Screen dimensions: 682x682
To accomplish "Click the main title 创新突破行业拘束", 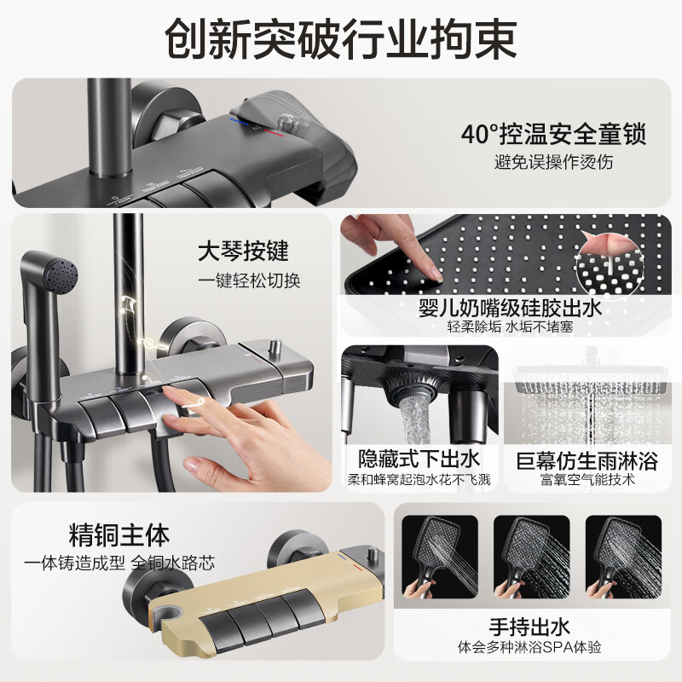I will pos(341,39).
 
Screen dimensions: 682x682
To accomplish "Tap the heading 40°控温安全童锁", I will pos(553,135).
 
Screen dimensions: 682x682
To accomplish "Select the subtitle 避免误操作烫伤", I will pos(553,161).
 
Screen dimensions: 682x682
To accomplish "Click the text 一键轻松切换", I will pos(249,280).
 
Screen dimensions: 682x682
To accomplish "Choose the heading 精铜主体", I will pos(118,536).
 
